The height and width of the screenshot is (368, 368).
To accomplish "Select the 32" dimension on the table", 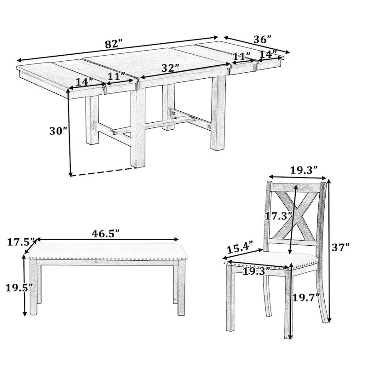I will (170, 68).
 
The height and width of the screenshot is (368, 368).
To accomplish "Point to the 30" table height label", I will (58, 131).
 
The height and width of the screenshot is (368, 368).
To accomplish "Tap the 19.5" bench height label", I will (19, 288).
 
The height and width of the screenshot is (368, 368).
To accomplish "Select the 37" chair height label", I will (341, 247).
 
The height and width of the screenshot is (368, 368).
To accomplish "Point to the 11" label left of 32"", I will (116, 75).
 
